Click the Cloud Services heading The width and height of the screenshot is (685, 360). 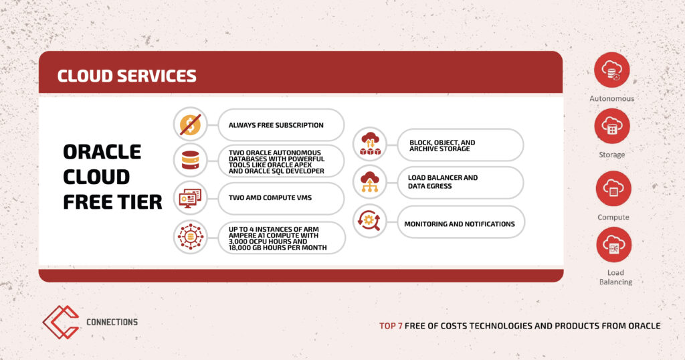(x=126, y=76)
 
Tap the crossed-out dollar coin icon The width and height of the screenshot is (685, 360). (x=191, y=124)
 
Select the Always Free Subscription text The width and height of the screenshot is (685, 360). (x=276, y=125)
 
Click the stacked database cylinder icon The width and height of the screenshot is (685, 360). (x=191, y=161)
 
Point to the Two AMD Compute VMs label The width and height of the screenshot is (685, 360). (x=270, y=197)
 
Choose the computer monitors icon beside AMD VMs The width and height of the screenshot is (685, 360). (x=191, y=198)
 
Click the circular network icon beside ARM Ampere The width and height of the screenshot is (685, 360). (x=191, y=237)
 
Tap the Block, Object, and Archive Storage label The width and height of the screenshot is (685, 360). (x=442, y=145)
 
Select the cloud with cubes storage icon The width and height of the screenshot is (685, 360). (x=370, y=144)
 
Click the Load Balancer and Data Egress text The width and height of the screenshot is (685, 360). (x=443, y=182)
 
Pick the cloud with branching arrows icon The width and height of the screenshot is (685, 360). (x=370, y=182)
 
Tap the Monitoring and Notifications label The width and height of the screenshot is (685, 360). (x=460, y=223)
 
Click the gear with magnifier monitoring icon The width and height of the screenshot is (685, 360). (x=369, y=220)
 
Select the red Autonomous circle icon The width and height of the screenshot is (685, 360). (x=611, y=70)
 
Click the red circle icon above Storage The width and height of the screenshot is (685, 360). (x=612, y=126)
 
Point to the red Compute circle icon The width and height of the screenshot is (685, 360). (x=613, y=188)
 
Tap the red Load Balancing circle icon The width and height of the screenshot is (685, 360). (x=614, y=245)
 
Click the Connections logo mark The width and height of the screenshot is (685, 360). (x=61, y=322)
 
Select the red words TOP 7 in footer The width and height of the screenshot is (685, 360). (x=391, y=326)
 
